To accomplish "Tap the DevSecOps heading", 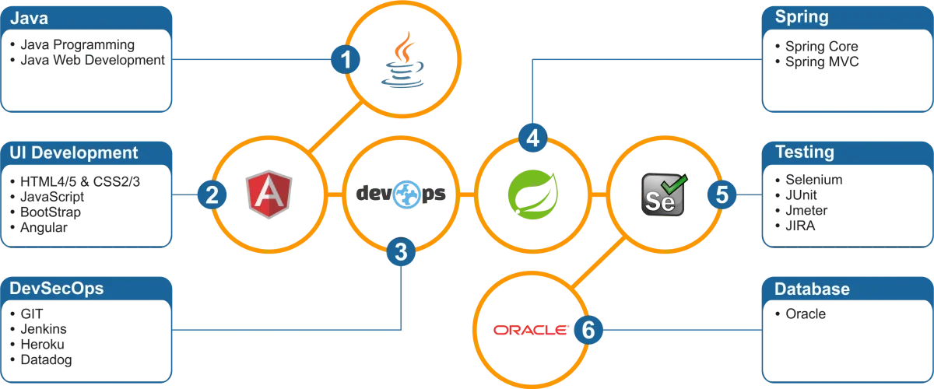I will tap(57, 289).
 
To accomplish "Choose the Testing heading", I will tap(804, 153).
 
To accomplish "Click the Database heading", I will tap(812, 289).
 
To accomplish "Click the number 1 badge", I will tap(346, 59).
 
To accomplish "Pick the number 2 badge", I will tap(211, 194).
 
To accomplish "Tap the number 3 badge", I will tap(401, 251).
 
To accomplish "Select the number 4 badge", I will tap(533, 138).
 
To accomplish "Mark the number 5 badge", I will tap(722, 194).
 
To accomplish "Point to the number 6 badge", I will tap(588, 330).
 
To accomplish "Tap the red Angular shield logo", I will tap(269, 194).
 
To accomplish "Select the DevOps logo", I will tap(402, 194).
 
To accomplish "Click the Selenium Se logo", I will tap(663, 195).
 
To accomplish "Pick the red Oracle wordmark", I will tap(528, 331).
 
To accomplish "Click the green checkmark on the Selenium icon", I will tap(676, 184).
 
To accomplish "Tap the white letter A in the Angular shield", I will tap(269, 196).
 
